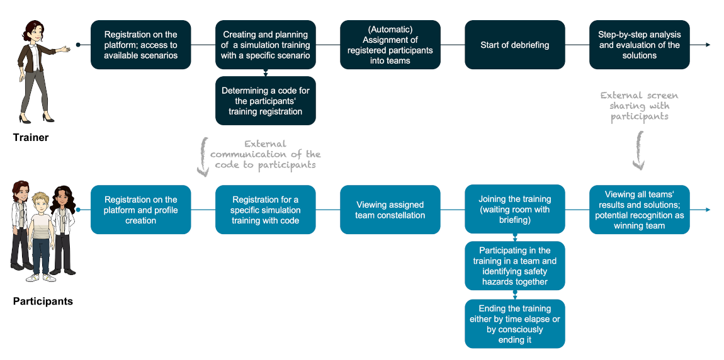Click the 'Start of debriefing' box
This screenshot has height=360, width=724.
tap(514, 45)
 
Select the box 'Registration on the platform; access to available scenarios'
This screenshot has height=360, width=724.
tap(140, 45)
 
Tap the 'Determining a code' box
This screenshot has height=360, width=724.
tap(265, 101)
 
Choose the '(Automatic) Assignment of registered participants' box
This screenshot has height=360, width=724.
tap(390, 45)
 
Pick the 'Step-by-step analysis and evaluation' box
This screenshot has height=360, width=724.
tap(639, 45)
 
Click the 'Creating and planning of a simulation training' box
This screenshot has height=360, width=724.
tap(265, 45)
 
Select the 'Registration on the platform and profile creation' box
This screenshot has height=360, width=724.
tap(140, 210)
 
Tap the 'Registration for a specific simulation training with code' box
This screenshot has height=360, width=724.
tap(265, 210)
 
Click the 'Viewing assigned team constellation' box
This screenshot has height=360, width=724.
tap(390, 210)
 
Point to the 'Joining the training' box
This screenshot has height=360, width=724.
tap(514, 210)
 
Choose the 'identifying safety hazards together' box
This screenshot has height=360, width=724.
tap(514, 266)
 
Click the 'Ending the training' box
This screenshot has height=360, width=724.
tap(514, 323)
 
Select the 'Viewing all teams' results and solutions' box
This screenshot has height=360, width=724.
tap(639, 210)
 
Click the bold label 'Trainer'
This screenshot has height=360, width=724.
tap(31, 137)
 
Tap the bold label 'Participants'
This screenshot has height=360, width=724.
tap(43, 301)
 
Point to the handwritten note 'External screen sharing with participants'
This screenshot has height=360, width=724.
tap(639, 106)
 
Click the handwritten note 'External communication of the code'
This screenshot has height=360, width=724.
tap(265, 154)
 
